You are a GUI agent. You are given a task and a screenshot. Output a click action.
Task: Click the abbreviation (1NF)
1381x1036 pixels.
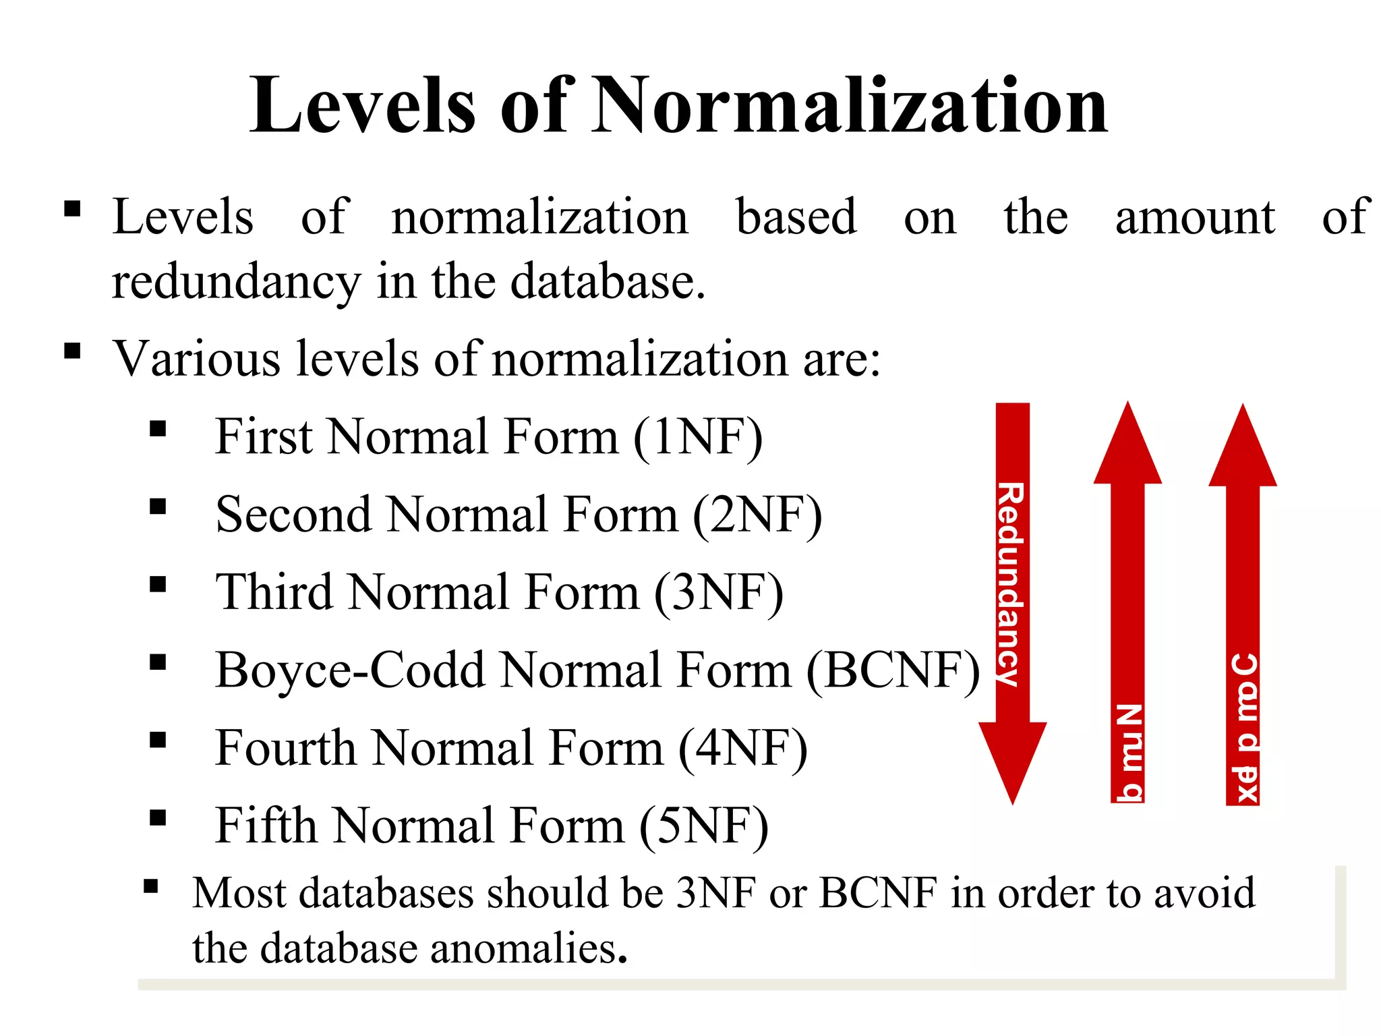[698, 437]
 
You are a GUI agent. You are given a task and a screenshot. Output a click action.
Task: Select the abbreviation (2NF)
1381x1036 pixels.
[757, 515]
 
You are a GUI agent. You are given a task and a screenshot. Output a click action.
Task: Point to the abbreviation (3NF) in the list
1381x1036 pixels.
[719, 593]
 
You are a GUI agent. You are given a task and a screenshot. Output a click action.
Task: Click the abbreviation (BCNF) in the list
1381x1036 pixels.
[893, 670]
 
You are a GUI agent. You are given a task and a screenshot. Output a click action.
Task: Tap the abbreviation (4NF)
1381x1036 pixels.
[742, 749]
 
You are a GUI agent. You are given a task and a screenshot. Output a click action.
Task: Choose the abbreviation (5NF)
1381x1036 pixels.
[703, 826]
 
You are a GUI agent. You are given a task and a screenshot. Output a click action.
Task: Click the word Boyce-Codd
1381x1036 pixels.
[351, 670]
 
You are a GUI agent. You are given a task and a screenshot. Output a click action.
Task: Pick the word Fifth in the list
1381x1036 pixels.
[266, 826]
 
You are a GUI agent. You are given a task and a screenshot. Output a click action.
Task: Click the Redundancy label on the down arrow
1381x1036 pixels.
[1011, 583]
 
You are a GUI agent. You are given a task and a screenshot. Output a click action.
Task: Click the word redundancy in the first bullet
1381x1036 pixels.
[236, 282]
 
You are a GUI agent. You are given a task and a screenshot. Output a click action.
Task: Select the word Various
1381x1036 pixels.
[196, 359]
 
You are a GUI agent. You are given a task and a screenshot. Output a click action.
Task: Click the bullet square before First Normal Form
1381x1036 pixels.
[158, 429]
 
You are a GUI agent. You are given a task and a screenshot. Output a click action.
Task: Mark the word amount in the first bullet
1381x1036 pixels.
[1195, 217]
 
